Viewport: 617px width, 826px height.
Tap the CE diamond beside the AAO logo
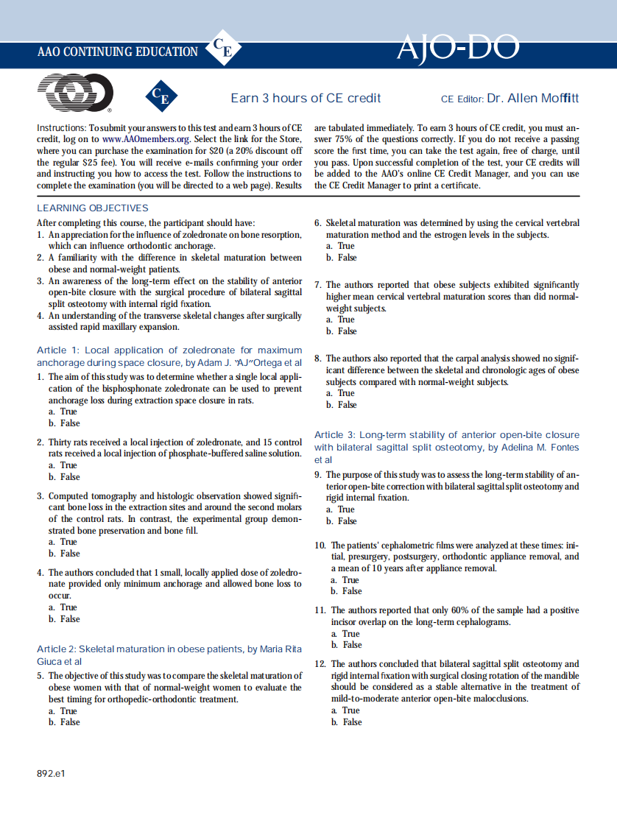point(162,96)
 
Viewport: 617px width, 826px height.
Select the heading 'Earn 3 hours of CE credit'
point(306,98)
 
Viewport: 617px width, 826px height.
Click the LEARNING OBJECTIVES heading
point(92,208)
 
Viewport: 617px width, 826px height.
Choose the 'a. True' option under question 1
point(63,412)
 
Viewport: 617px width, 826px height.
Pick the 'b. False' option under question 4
point(65,619)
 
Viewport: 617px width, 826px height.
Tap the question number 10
point(320,546)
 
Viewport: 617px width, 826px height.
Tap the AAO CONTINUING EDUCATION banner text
point(118,52)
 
